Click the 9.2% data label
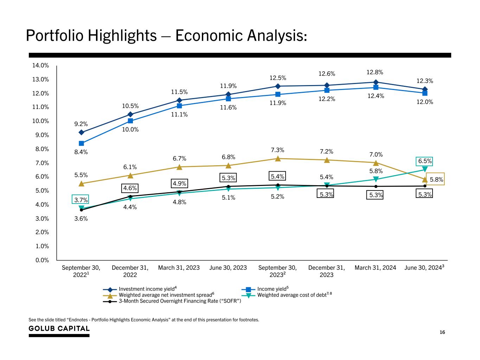point(81,124)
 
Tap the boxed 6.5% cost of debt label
point(425,161)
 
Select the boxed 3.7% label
point(81,200)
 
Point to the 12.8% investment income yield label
point(375,72)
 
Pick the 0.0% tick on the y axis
point(41,260)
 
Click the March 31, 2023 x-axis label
point(179,268)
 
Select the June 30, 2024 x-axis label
point(424,268)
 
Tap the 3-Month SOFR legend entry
point(179,301)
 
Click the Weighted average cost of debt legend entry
point(294,295)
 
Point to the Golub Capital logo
point(59,329)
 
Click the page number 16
point(442,332)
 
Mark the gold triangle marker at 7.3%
point(278,159)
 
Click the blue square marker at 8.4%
point(81,143)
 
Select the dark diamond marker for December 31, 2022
point(130,114)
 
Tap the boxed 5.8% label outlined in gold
point(436,179)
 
